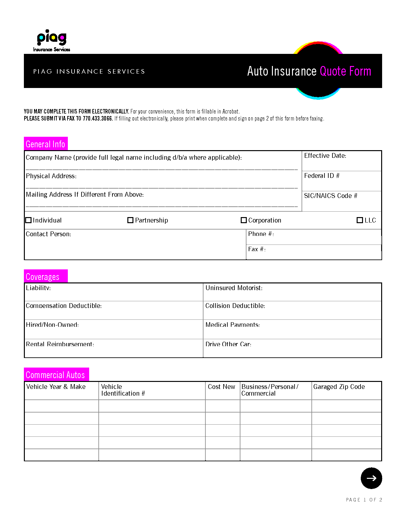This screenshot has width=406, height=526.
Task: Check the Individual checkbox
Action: click(x=28, y=220)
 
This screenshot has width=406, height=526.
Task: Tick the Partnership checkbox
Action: click(x=130, y=220)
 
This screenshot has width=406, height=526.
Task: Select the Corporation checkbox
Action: click(x=244, y=220)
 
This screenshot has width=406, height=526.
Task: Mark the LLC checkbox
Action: click(x=360, y=220)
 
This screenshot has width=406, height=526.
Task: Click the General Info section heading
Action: click(x=46, y=144)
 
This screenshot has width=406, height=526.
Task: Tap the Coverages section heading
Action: click(x=43, y=277)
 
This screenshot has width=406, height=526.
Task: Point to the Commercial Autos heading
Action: click(x=55, y=375)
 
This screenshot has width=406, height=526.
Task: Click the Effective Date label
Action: click(x=325, y=156)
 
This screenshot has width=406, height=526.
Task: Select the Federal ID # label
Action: click(x=322, y=176)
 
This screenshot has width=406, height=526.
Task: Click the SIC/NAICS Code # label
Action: click(x=331, y=196)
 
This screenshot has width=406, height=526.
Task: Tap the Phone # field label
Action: click(x=261, y=234)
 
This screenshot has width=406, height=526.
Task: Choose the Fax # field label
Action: click(x=257, y=249)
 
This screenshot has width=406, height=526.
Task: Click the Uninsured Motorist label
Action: click(x=234, y=288)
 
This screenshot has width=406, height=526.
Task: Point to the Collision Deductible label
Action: click(x=235, y=306)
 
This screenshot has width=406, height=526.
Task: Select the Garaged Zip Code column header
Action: click(x=339, y=387)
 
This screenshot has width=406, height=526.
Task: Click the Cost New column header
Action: click(x=221, y=387)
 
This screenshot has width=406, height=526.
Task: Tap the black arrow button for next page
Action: click(x=371, y=478)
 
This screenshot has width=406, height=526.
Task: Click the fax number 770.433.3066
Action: click(x=97, y=119)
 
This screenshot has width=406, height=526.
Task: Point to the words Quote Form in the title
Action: click(x=345, y=71)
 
